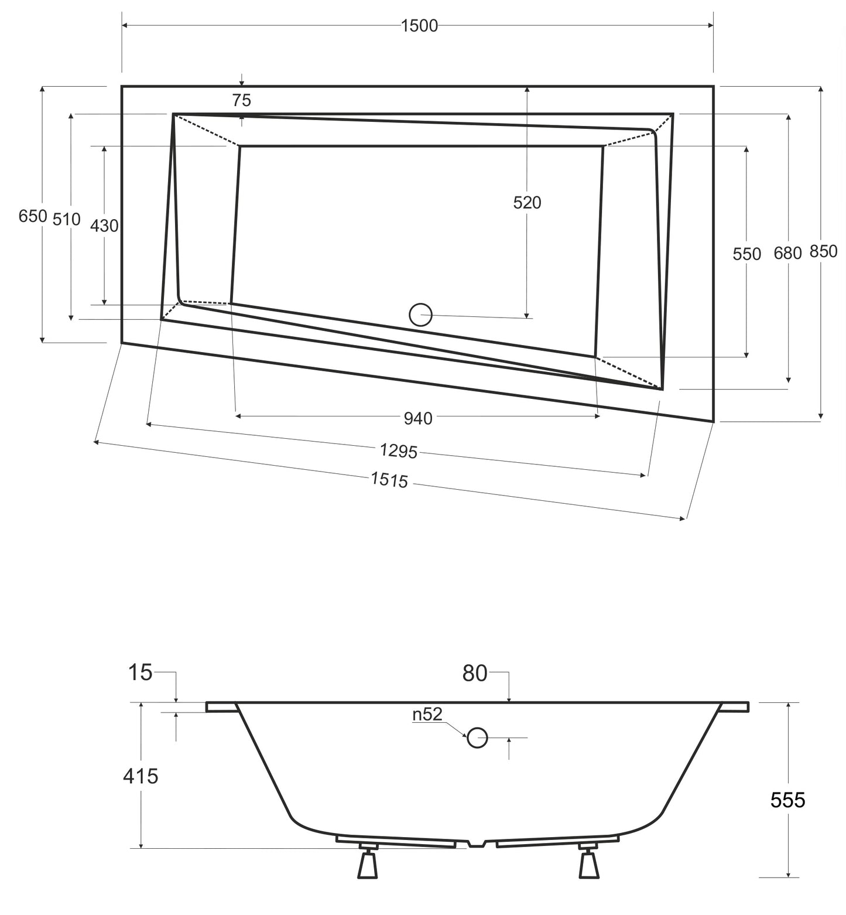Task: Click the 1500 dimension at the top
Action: tap(419, 26)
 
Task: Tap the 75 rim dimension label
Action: tap(241, 101)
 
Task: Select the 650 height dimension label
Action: tap(32, 216)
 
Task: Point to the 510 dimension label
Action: tap(66, 220)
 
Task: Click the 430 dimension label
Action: tap(104, 226)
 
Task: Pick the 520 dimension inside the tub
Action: tap(527, 203)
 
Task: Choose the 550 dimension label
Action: tap(747, 254)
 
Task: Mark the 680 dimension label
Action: tap(787, 254)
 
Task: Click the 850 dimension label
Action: tap(823, 251)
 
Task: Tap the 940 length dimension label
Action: tap(418, 418)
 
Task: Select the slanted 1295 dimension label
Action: tap(398, 450)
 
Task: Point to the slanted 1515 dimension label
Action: tap(389, 480)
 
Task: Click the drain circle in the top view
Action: tap(420, 315)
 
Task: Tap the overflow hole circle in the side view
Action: tap(478, 738)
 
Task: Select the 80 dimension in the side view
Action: tap(475, 674)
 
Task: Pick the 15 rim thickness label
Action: tap(141, 673)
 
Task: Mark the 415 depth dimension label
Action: tap(141, 776)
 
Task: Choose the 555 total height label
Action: tap(787, 800)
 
